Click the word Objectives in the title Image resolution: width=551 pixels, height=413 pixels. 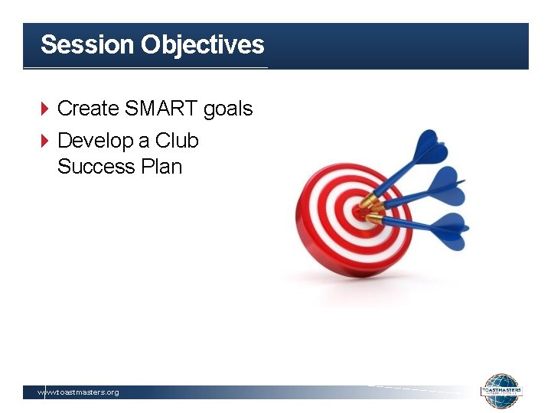click(x=202, y=44)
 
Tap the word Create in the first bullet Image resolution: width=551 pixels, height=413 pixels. click(x=88, y=109)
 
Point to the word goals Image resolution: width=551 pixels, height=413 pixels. click(x=228, y=109)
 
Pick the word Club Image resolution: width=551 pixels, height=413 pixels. click(x=177, y=141)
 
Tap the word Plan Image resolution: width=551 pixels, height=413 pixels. click(x=161, y=166)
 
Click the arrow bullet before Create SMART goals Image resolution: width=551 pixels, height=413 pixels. click(x=44, y=109)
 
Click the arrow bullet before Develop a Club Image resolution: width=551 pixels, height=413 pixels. click(x=44, y=141)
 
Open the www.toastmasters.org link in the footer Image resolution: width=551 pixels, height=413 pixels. click(x=79, y=392)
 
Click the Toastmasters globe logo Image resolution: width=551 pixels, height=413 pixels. click(x=501, y=391)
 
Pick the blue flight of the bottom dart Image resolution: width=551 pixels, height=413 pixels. click(x=449, y=228)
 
